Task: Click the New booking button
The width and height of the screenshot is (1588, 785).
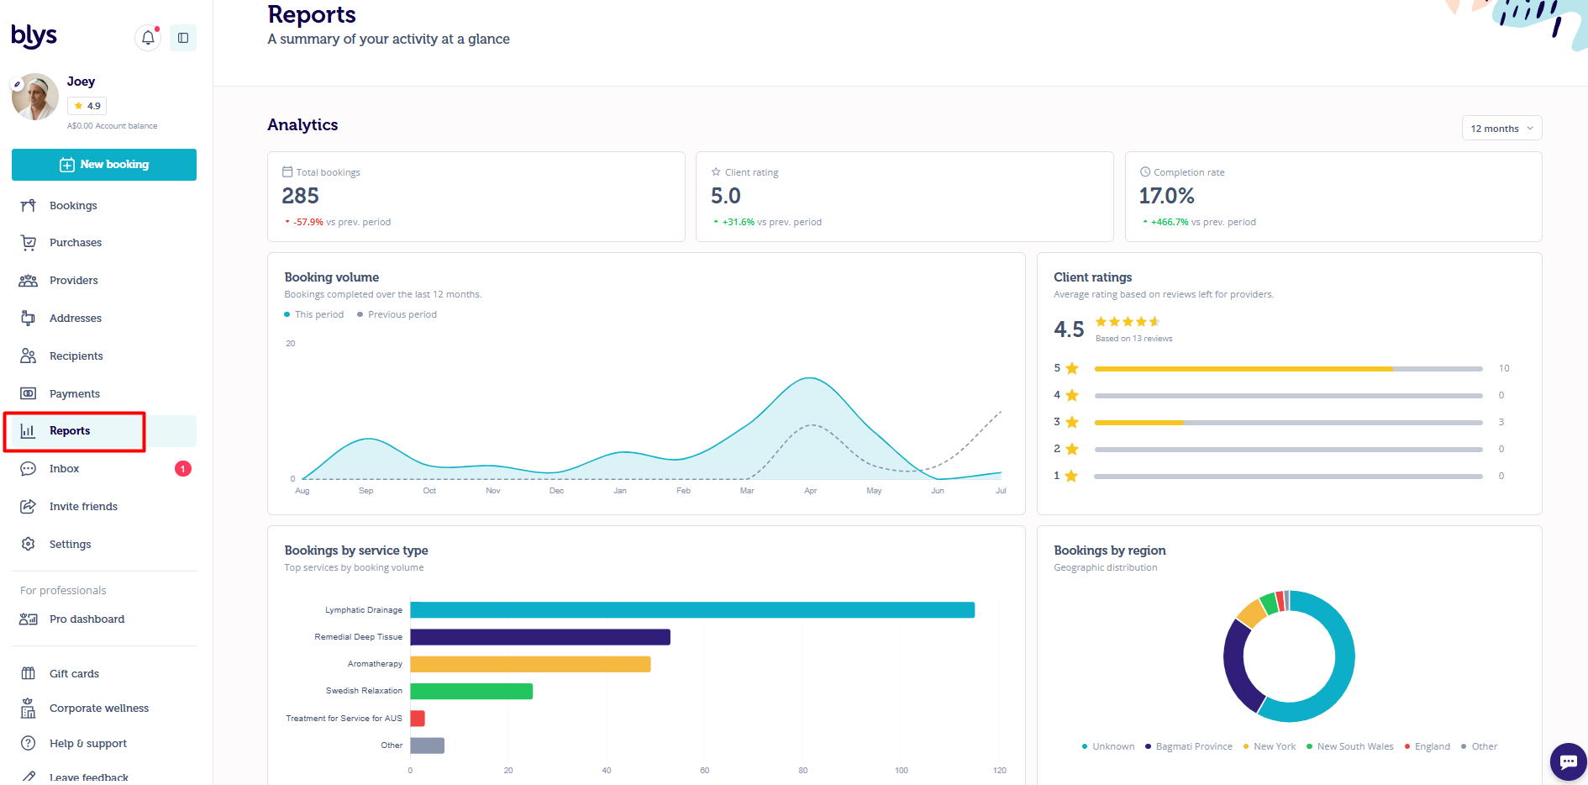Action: [x=104, y=165]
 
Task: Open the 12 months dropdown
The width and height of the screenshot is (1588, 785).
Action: [x=1501, y=129]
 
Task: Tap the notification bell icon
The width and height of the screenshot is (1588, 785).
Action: [x=148, y=38]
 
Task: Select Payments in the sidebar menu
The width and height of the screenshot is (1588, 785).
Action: [x=74, y=393]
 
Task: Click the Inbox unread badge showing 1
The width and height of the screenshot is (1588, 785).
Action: [x=183, y=469]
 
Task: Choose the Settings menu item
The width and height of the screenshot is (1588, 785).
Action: [x=70, y=544]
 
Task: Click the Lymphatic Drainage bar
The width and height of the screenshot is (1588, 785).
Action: [x=692, y=610]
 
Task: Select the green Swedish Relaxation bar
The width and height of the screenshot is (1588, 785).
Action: [x=471, y=691]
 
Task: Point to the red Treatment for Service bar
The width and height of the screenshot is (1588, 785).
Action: [x=418, y=719]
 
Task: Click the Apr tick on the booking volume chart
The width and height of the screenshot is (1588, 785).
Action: [x=810, y=491]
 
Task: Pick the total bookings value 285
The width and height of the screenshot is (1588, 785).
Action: [x=300, y=196]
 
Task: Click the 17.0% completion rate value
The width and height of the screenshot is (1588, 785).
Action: [x=1166, y=196]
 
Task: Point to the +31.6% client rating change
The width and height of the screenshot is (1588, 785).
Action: [x=738, y=222]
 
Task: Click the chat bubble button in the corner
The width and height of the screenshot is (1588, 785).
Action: [x=1568, y=761]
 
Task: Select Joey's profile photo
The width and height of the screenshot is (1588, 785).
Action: [x=35, y=97]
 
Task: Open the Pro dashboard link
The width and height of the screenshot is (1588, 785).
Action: [x=87, y=619]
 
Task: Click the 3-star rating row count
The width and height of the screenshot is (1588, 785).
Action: [x=1501, y=422]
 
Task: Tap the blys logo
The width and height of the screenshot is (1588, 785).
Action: [x=34, y=35]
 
